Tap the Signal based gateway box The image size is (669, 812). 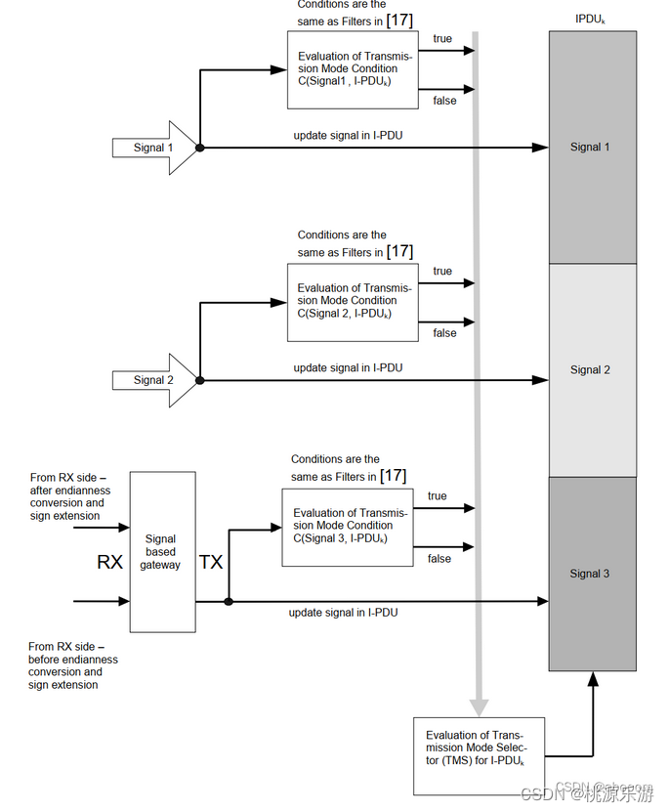pos(162,552)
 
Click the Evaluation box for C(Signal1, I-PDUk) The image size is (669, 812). pos(353,70)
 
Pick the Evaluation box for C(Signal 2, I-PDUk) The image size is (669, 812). pos(353,303)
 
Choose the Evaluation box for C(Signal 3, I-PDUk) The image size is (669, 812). pos(348,528)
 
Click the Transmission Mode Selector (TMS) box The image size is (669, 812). pos(480,756)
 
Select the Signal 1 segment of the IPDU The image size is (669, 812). pos(593,148)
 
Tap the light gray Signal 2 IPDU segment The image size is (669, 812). pos(593,369)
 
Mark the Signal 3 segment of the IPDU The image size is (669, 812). pos(593,574)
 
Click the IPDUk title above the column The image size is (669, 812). pos(590,20)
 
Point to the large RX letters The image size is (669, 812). pos(109,562)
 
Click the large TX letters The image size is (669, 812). pos(211,562)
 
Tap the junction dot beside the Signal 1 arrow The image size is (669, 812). pos(199,148)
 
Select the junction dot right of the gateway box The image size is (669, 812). pos(229,601)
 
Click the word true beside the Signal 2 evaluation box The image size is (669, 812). pos(442,271)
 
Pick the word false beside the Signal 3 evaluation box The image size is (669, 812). pos(439,559)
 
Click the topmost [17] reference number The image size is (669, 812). pos(400,21)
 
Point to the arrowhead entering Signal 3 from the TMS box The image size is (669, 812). pos(593,678)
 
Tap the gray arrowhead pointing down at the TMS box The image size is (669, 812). pos(479,707)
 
